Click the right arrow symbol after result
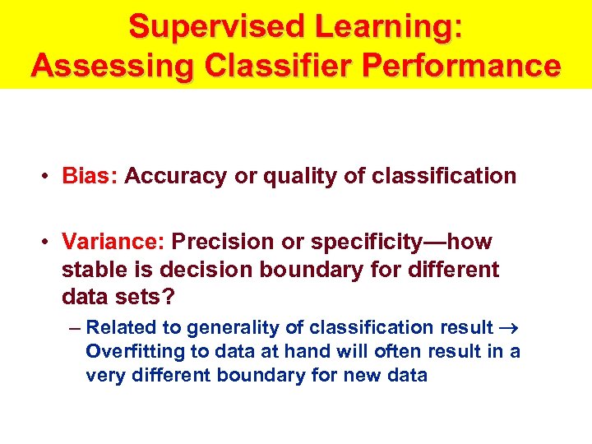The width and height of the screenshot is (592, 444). pyautogui.click(x=507, y=328)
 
